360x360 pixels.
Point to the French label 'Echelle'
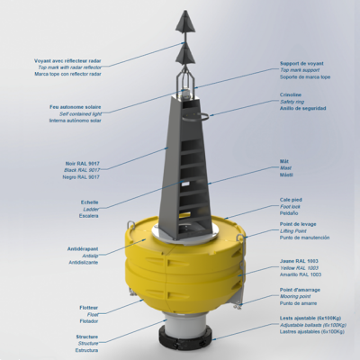tap(89, 202)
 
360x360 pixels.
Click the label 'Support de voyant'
tap(304, 64)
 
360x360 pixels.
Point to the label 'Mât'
tap(283, 162)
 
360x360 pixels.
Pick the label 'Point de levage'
tap(299, 223)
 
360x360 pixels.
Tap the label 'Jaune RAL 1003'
tap(300, 260)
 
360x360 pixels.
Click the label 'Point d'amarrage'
tap(301, 290)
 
